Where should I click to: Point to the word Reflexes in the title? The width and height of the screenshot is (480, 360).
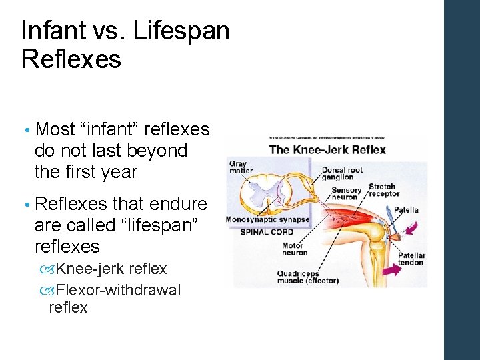[x=71, y=59]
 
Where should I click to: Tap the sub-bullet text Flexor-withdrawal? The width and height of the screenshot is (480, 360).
[x=118, y=290]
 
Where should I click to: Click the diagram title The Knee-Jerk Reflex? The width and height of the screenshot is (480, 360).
[x=327, y=149]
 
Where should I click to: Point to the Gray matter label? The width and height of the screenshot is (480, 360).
[x=240, y=167]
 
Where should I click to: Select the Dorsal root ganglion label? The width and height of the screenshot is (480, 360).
[x=342, y=173]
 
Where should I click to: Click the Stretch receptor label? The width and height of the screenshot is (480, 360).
[x=383, y=190]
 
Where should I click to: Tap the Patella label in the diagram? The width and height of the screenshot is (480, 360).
[x=406, y=210]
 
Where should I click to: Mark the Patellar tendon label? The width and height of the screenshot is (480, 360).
[x=412, y=259]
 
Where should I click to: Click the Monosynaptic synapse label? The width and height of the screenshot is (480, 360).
[x=267, y=219]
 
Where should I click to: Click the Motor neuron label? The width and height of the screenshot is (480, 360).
[x=294, y=249]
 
